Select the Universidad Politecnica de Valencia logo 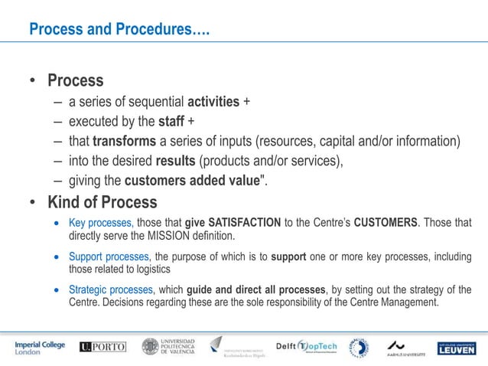pyautogui.click(x=168, y=347)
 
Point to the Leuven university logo pyautogui.click(x=457, y=348)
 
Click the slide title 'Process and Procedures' pyautogui.click(x=119, y=30)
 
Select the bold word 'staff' pyautogui.click(x=171, y=122)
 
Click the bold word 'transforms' pyautogui.click(x=128, y=142)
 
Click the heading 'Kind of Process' pyautogui.click(x=102, y=203)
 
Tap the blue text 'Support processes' pyautogui.click(x=111, y=257)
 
